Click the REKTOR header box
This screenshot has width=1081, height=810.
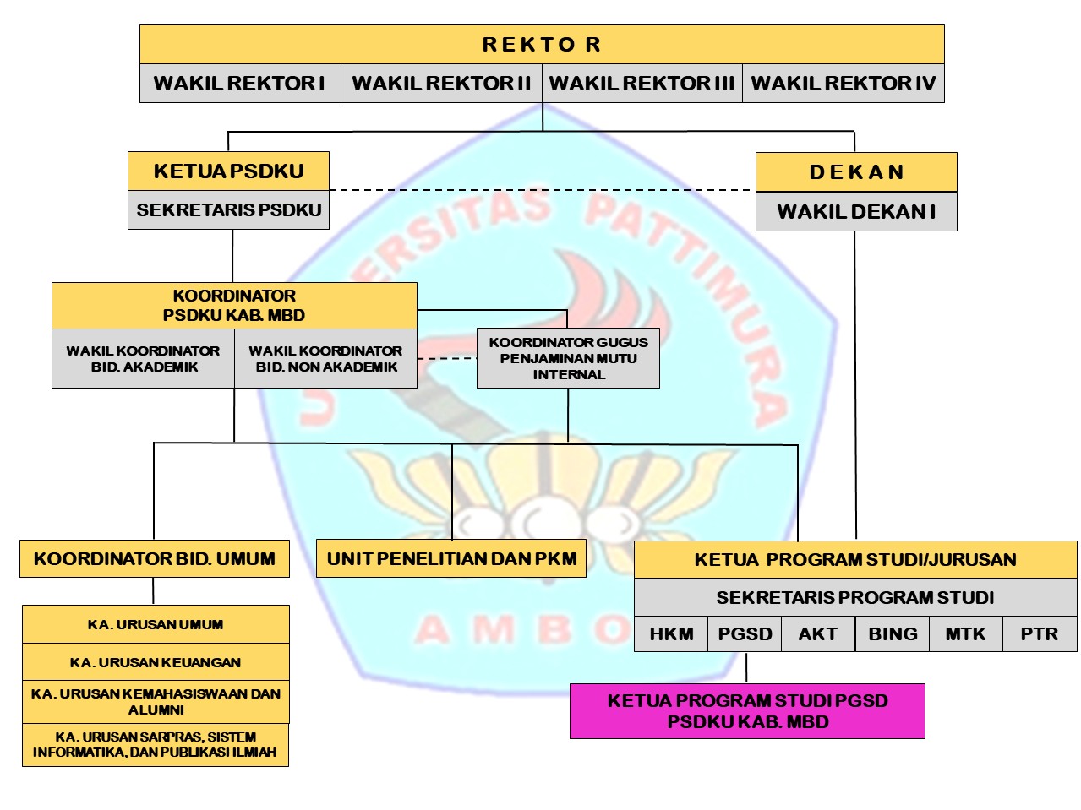[x=542, y=45]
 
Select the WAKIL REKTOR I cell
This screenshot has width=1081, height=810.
[x=240, y=84]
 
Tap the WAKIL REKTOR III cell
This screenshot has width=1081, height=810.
[x=642, y=84]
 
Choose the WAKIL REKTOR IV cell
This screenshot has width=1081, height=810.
[x=843, y=84]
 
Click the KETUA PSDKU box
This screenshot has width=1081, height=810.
[x=228, y=171]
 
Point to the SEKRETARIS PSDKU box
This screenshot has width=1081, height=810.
[x=228, y=210]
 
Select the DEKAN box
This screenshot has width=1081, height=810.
[x=856, y=172]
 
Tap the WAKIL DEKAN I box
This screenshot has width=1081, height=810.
[x=856, y=212]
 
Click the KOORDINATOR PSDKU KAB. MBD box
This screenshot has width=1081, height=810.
[x=234, y=306]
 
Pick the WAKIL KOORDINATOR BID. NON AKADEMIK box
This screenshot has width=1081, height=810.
[x=325, y=359]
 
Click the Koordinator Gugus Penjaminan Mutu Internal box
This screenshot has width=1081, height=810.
[x=568, y=358]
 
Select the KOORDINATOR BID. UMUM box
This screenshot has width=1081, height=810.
[x=155, y=559]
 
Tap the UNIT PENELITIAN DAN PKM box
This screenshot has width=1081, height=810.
[x=451, y=559]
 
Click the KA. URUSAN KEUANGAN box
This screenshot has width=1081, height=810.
[x=156, y=662]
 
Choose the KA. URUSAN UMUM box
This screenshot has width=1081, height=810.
[x=156, y=625]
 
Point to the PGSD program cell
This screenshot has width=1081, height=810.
[x=745, y=634]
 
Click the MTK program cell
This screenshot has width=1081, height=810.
[x=965, y=634]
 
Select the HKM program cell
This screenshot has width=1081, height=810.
[x=671, y=634]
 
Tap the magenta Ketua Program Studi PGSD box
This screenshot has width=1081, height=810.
[x=747, y=711]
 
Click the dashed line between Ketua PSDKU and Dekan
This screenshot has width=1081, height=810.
[x=541, y=191]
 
